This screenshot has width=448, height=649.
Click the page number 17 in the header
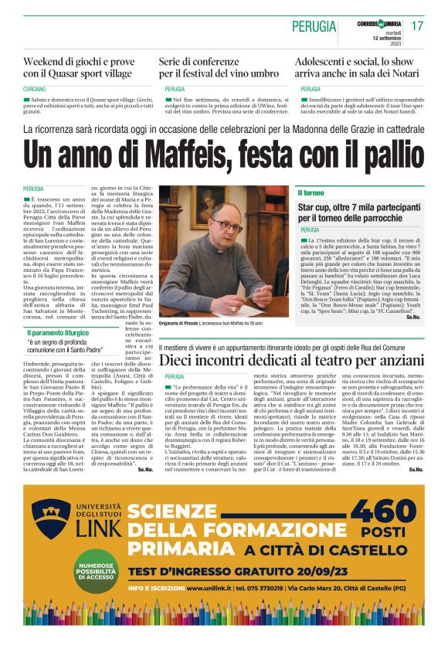[417, 26]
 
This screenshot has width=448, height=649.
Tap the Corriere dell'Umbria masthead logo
[378, 23]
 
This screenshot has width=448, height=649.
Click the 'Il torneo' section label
[311, 192]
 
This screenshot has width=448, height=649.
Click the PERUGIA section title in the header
[313, 27]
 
